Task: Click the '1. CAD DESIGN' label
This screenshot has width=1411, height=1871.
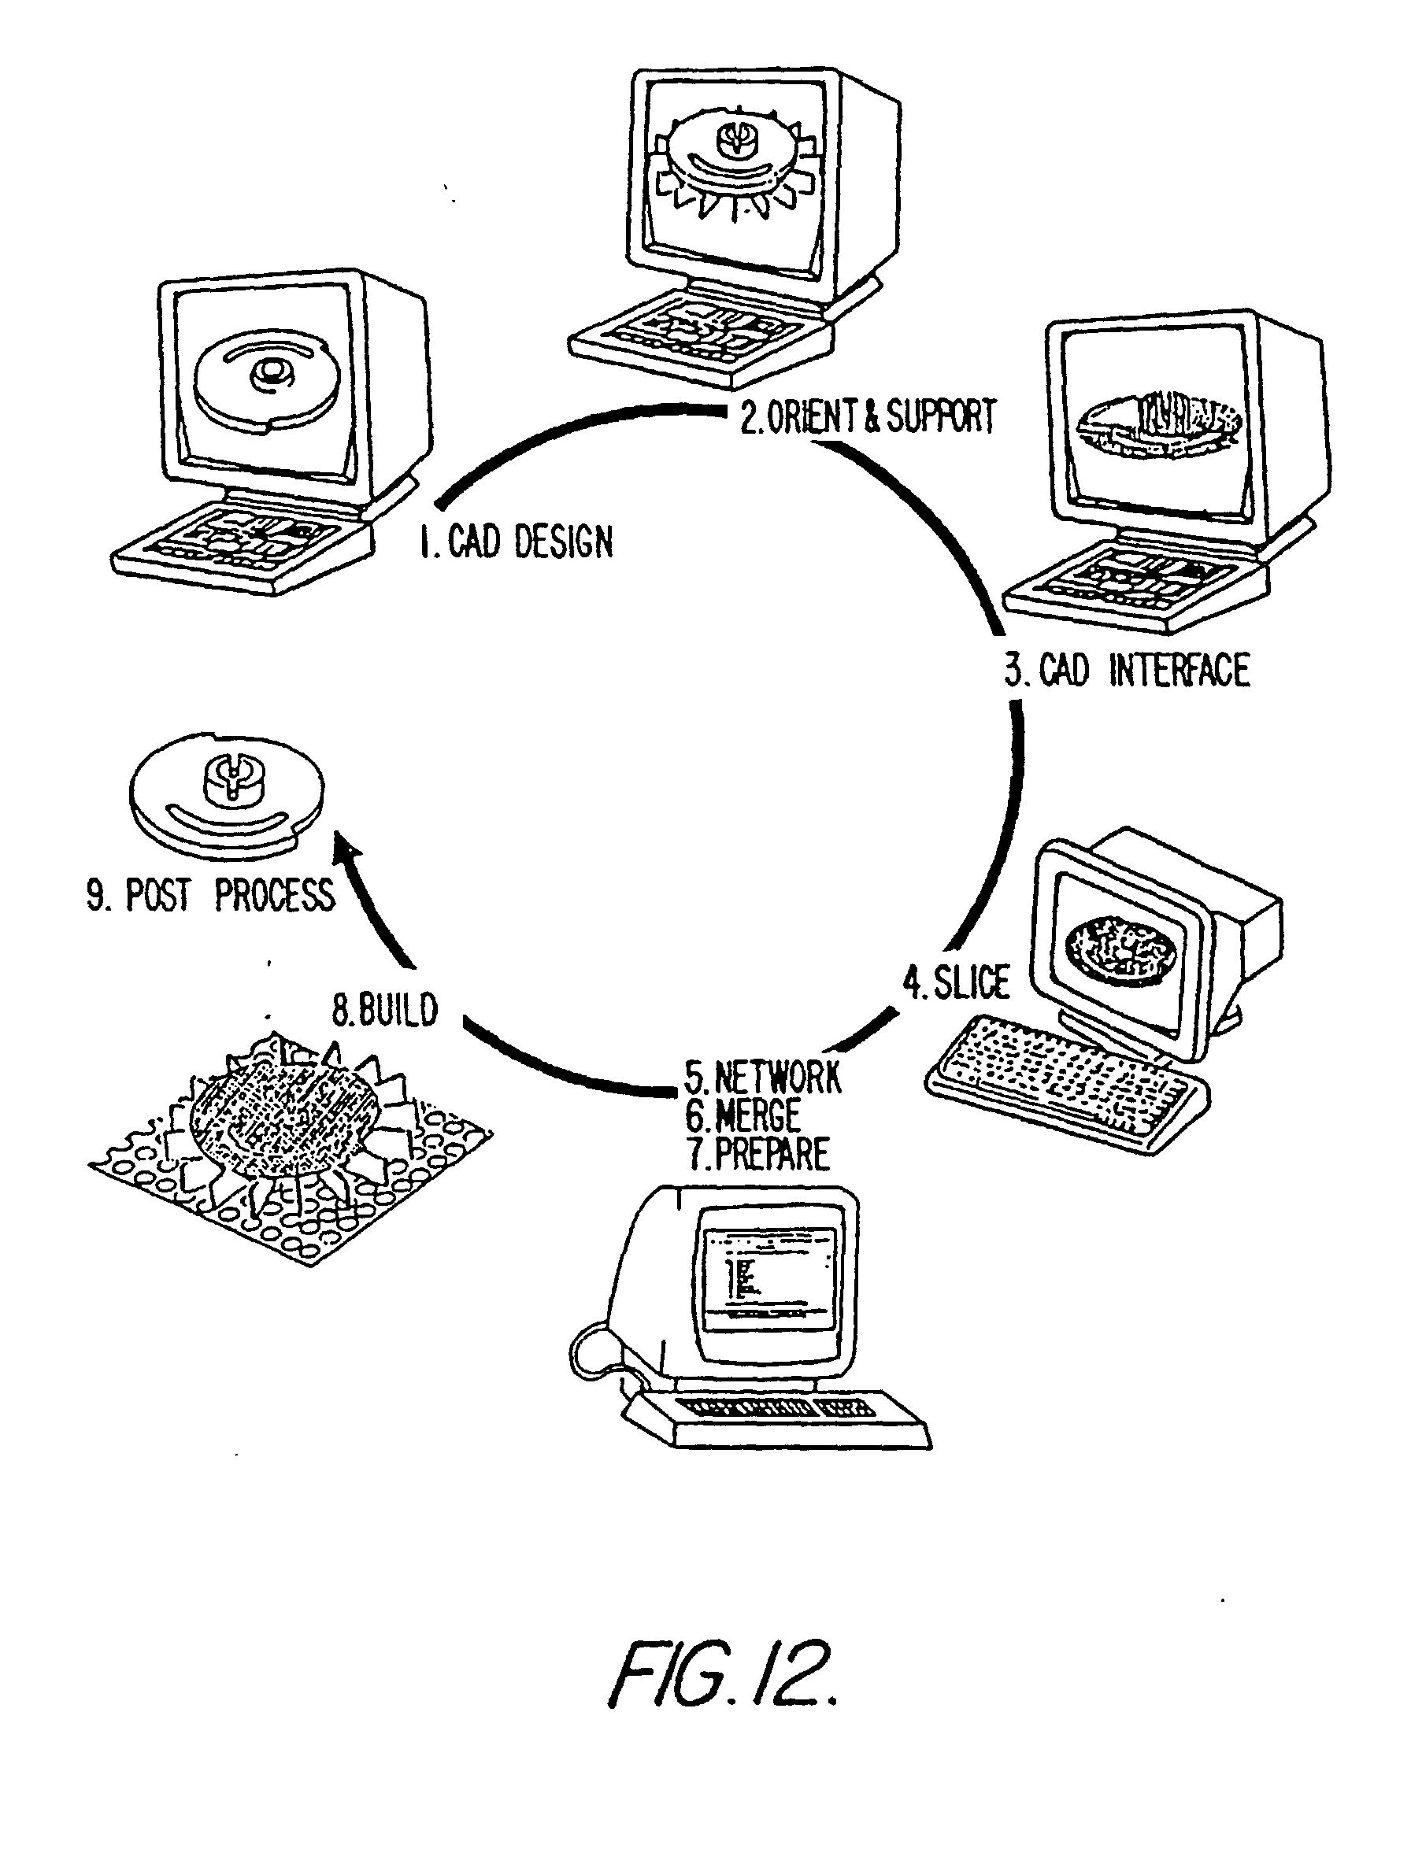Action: (x=516, y=542)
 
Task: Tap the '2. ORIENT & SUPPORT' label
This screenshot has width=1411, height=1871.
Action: (x=868, y=416)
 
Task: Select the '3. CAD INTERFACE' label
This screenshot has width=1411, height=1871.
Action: (x=1127, y=670)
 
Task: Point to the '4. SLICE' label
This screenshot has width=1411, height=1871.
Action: (x=956, y=982)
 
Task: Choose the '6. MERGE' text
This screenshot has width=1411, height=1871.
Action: (x=743, y=1115)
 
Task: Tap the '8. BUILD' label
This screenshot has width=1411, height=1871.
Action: (x=385, y=1009)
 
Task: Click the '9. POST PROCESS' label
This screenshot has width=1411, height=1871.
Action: (x=211, y=895)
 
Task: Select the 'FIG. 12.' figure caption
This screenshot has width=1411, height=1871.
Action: (x=724, y=1674)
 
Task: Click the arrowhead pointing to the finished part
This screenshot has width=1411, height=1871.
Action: (x=346, y=850)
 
